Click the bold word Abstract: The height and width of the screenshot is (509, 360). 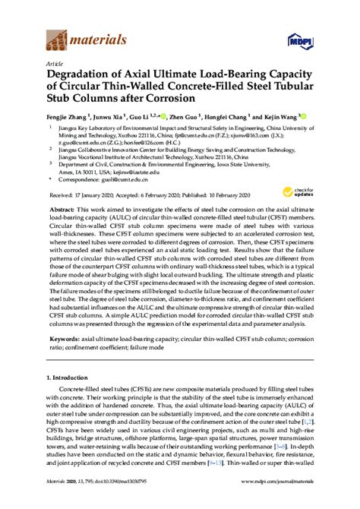tap(64, 208)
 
